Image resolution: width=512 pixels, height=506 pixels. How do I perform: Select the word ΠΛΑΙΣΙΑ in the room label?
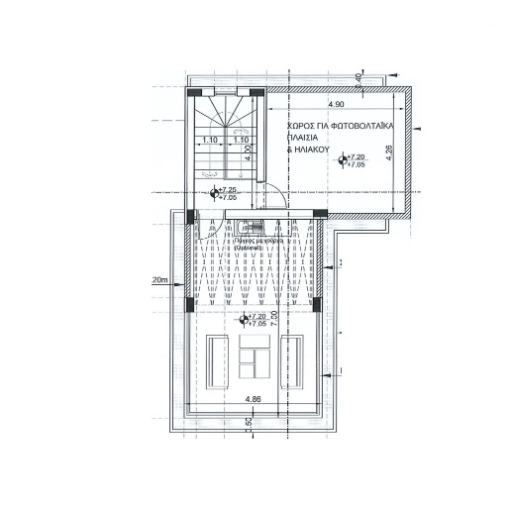306,140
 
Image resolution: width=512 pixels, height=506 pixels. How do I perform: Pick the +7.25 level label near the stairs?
227,189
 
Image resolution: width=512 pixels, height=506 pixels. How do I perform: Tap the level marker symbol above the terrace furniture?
245,318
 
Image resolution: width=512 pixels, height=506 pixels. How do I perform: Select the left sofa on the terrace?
217,361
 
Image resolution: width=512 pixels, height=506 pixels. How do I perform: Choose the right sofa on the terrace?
293,361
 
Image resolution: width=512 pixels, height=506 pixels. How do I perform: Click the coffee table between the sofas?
256,357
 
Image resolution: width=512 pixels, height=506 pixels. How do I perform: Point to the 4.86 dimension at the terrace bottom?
254,399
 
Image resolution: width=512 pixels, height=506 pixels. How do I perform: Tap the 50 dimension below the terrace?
250,422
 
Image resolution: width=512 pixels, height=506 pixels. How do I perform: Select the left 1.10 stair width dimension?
209,141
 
